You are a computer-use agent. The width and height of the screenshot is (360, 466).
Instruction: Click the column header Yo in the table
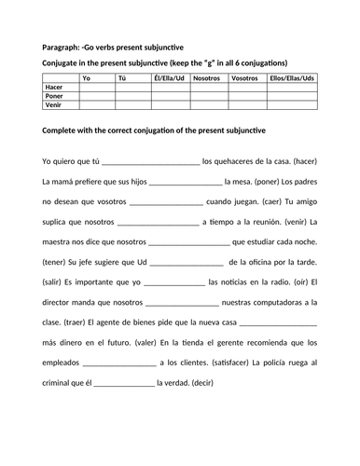pos(87,78)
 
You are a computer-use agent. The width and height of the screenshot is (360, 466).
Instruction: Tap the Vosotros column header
pos(244,78)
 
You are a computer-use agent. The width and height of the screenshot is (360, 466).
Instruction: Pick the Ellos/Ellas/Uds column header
pos(290,78)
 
